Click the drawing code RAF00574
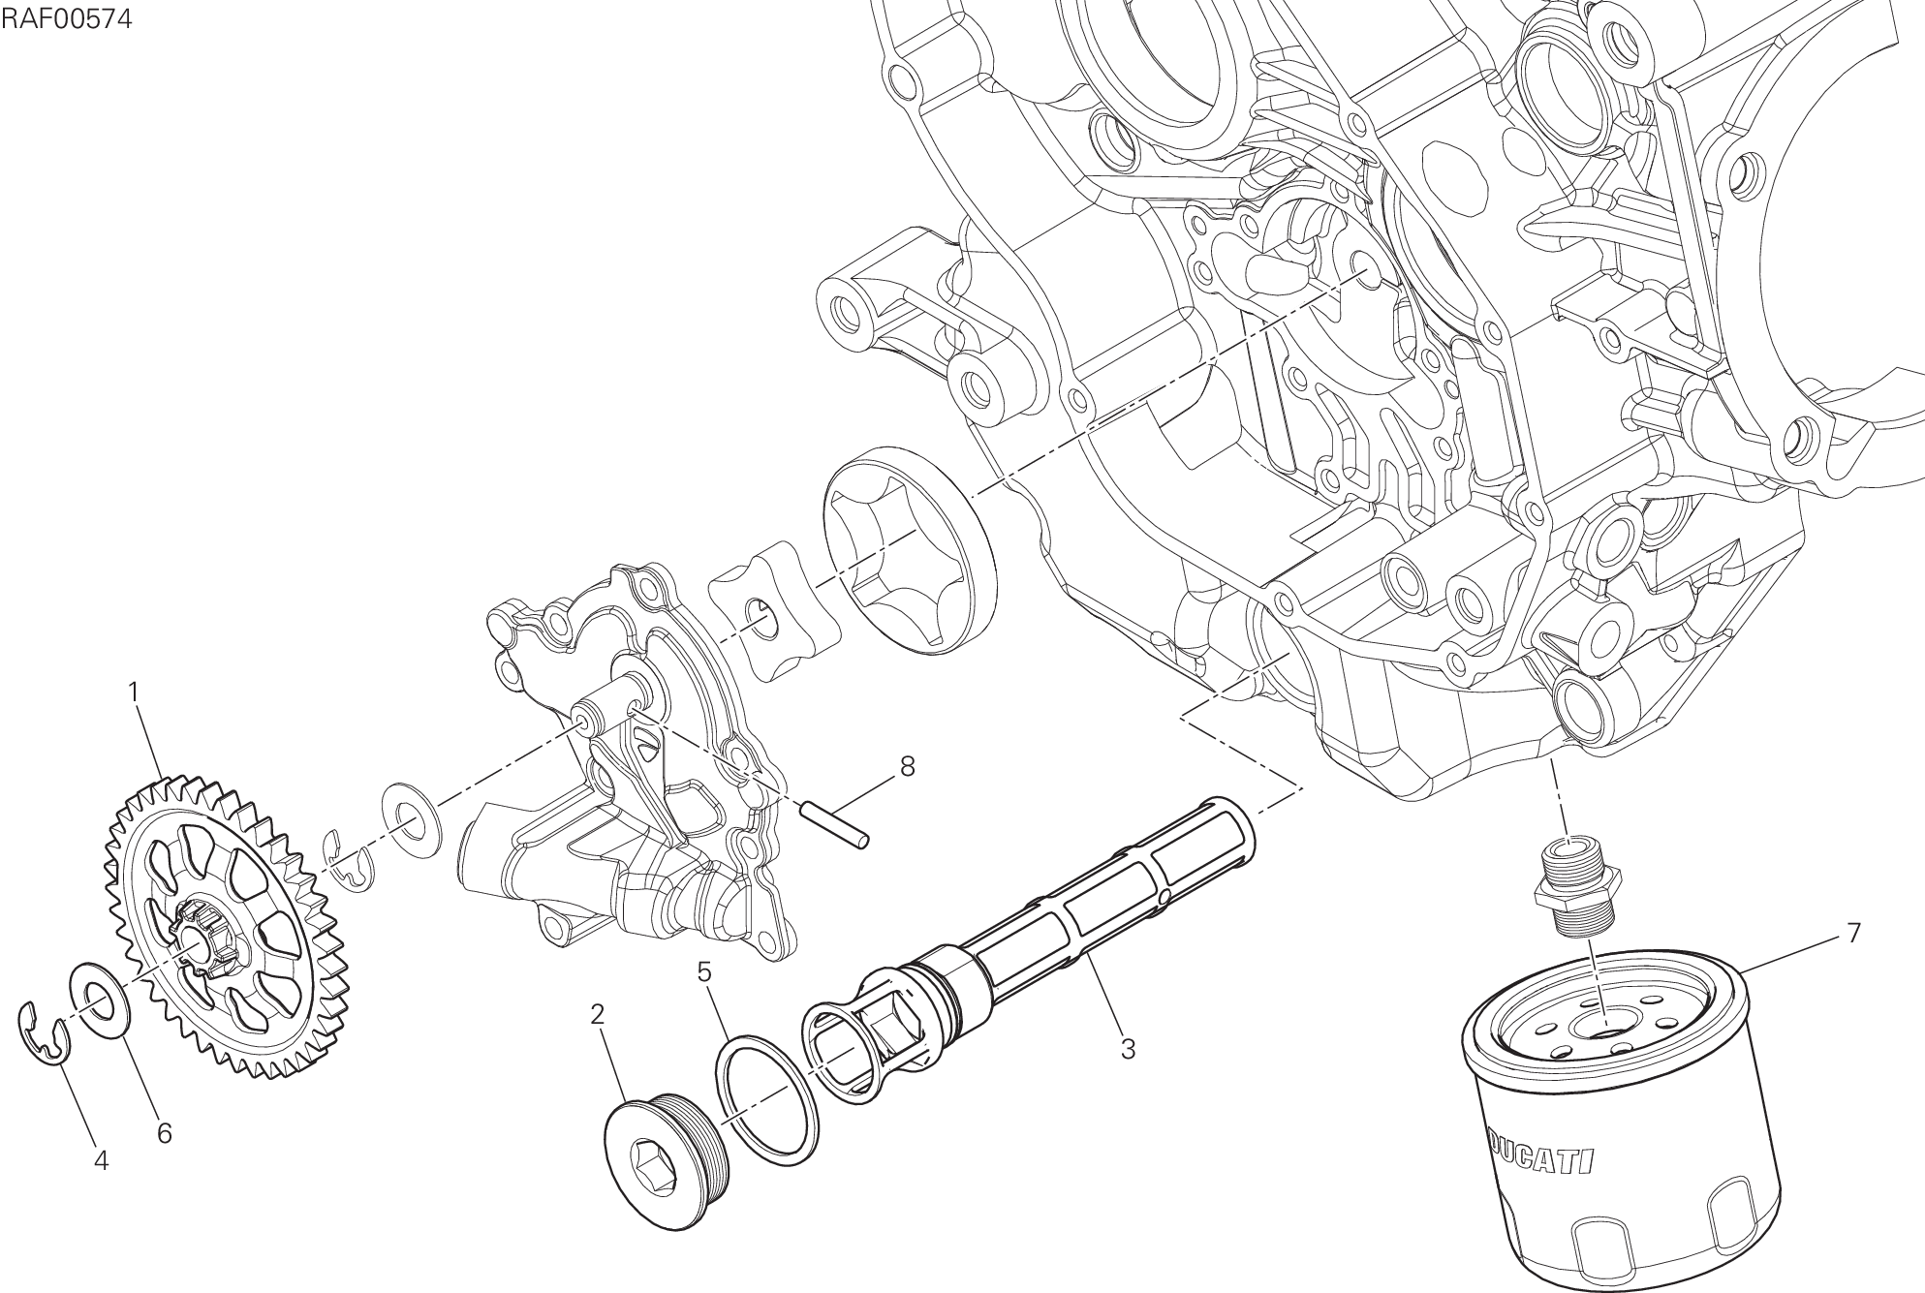click(x=67, y=19)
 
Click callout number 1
click(x=134, y=692)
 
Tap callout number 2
click(x=597, y=1015)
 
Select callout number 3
click(x=1127, y=1048)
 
